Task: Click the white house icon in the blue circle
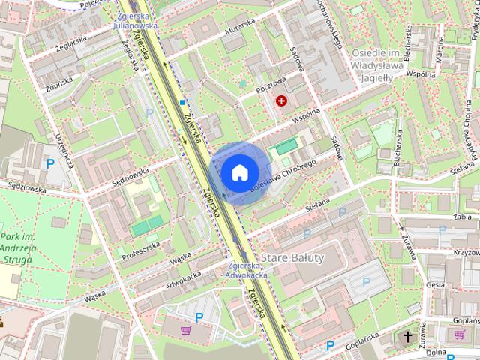(238, 172)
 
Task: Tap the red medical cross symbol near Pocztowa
(282, 100)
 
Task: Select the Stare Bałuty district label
(292, 258)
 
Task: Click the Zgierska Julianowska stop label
(135, 19)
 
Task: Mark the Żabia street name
(462, 217)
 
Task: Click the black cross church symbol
(409, 336)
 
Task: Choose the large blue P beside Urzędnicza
(50, 163)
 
